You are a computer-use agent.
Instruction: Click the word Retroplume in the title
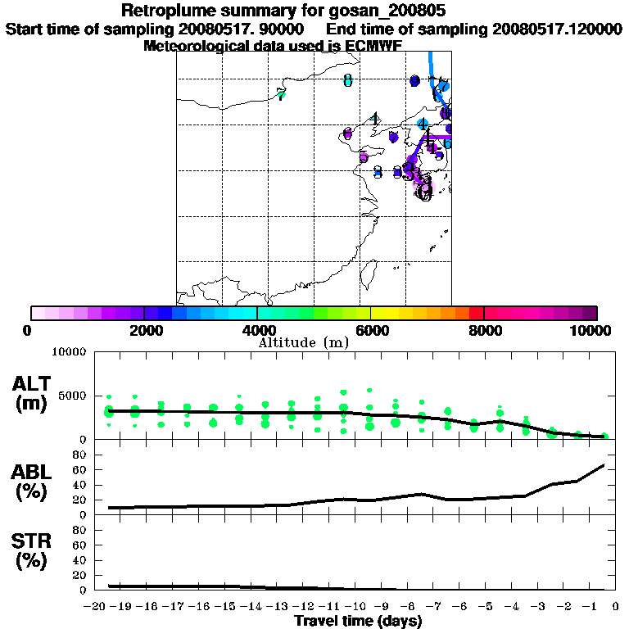click(x=168, y=11)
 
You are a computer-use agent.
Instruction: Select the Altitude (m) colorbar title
click(x=303, y=342)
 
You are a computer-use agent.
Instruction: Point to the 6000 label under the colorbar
click(x=370, y=330)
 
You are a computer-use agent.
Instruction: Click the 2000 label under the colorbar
click(x=144, y=330)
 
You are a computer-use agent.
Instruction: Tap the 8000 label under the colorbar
click(x=484, y=330)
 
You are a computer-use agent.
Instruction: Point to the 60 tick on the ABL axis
click(x=79, y=469)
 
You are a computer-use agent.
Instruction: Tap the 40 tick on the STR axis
click(x=79, y=560)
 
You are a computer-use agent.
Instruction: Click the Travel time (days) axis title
click(x=358, y=622)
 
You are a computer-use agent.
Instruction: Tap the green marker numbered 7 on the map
click(x=282, y=95)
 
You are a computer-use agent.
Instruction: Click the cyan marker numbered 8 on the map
click(x=348, y=80)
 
